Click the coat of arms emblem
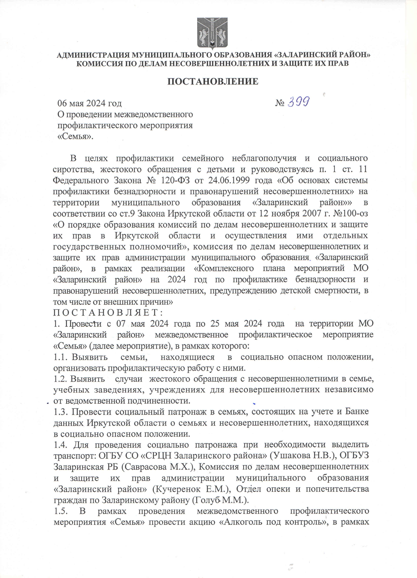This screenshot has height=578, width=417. click(212, 33)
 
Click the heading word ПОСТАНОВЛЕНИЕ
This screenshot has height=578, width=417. click(213, 81)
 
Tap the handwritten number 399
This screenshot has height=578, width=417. click(299, 102)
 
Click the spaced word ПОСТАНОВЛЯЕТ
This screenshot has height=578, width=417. click(108, 312)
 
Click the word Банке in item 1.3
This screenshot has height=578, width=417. click(357, 412)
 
